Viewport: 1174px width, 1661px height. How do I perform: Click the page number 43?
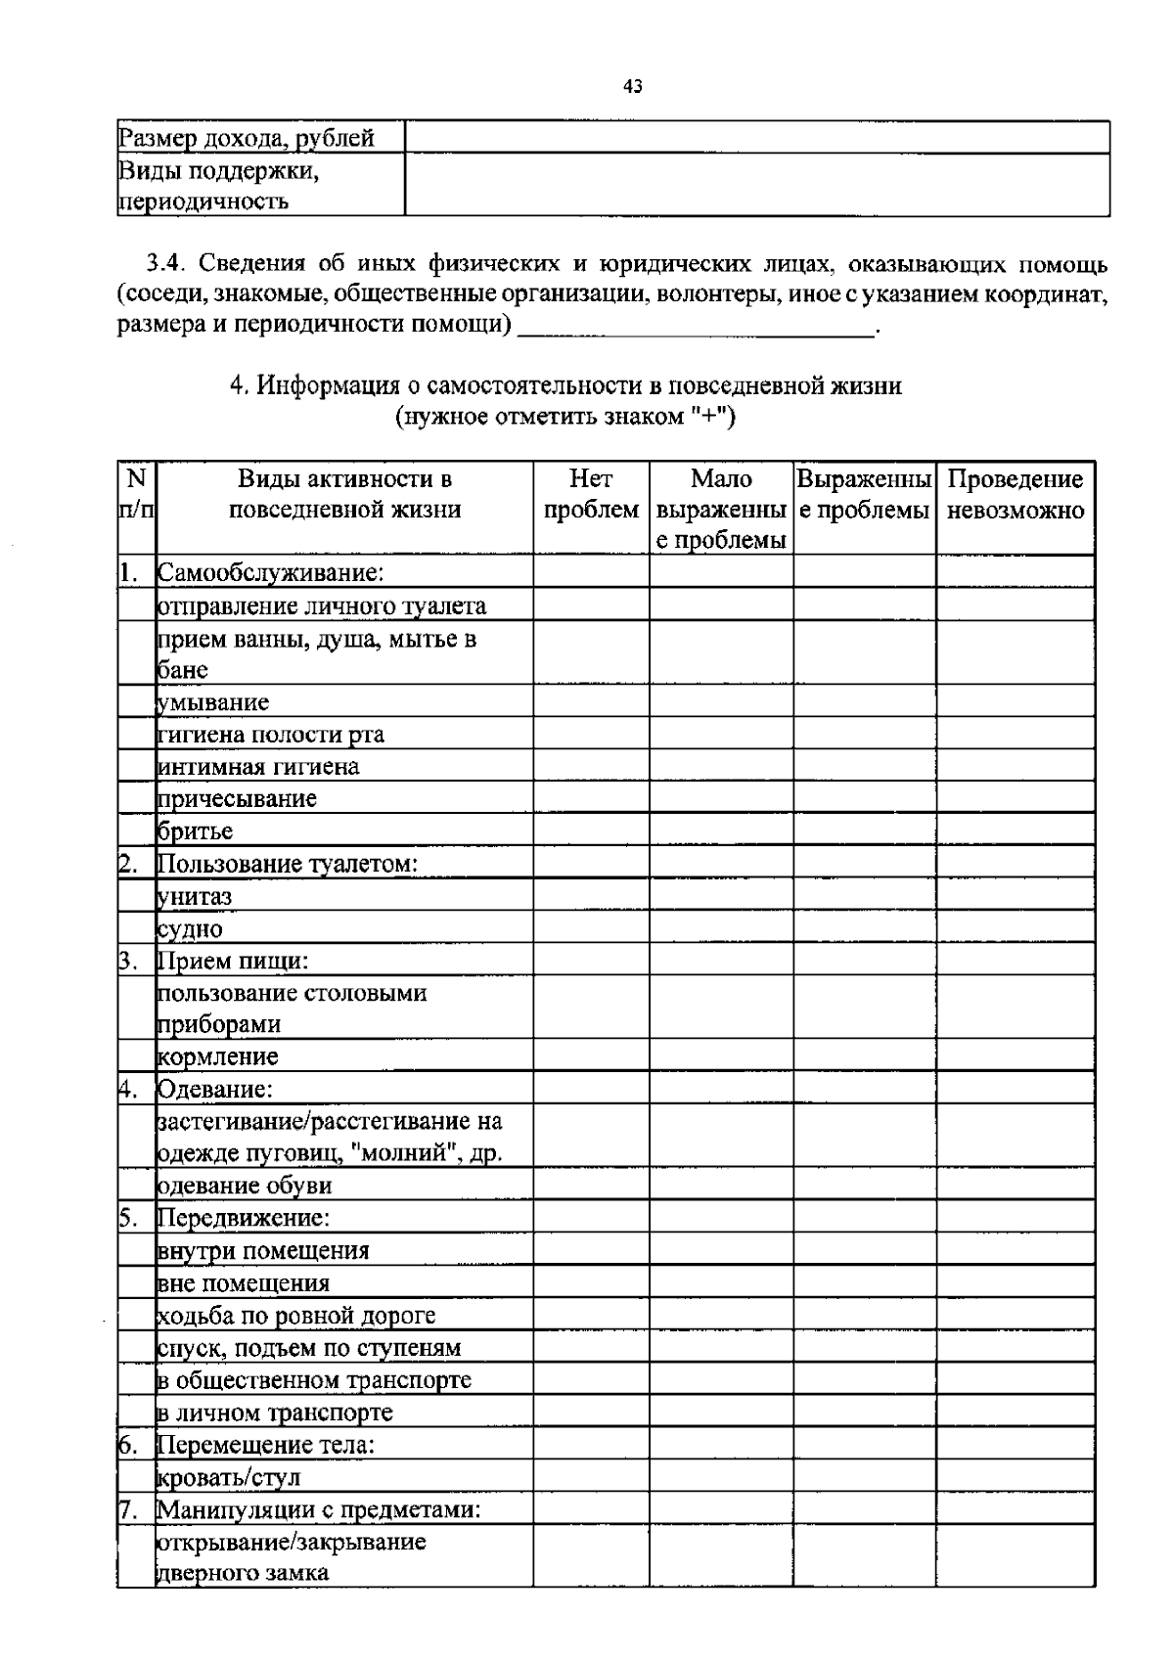tap(633, 87)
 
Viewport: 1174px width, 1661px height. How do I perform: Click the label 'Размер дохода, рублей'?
tap(247, 138)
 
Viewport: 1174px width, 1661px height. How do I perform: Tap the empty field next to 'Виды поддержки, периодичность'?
tap(757, 185)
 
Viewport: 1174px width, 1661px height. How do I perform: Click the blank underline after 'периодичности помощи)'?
tap(696, 327)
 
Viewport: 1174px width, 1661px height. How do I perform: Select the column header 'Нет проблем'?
tap(591, 494)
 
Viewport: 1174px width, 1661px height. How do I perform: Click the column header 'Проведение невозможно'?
tap(1016, 494)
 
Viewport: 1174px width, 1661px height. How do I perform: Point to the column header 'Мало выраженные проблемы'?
tap(721, 509)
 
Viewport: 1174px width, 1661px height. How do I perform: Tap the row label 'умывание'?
tap(213, 702)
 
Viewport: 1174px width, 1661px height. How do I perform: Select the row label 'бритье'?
tap(196, 831)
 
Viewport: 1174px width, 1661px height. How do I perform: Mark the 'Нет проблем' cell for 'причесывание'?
tap(591, 798)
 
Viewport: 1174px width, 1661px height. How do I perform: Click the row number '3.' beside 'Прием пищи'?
tap(128, 961)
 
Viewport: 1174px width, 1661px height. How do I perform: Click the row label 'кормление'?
tap(218, 1056)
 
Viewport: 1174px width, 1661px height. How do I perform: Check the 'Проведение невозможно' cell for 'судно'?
tap(1016, 928)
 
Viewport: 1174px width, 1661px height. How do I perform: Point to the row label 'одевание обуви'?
tap(245, 1186)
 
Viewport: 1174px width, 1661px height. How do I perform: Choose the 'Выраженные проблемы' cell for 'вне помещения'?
tap(864, 1282)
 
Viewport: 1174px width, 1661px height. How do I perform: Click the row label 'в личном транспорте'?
tap(275, 1412)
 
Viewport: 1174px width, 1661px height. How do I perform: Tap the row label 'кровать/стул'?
tap(229, 1476)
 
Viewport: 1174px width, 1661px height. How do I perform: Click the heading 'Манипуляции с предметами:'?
tap(319, 1508)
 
